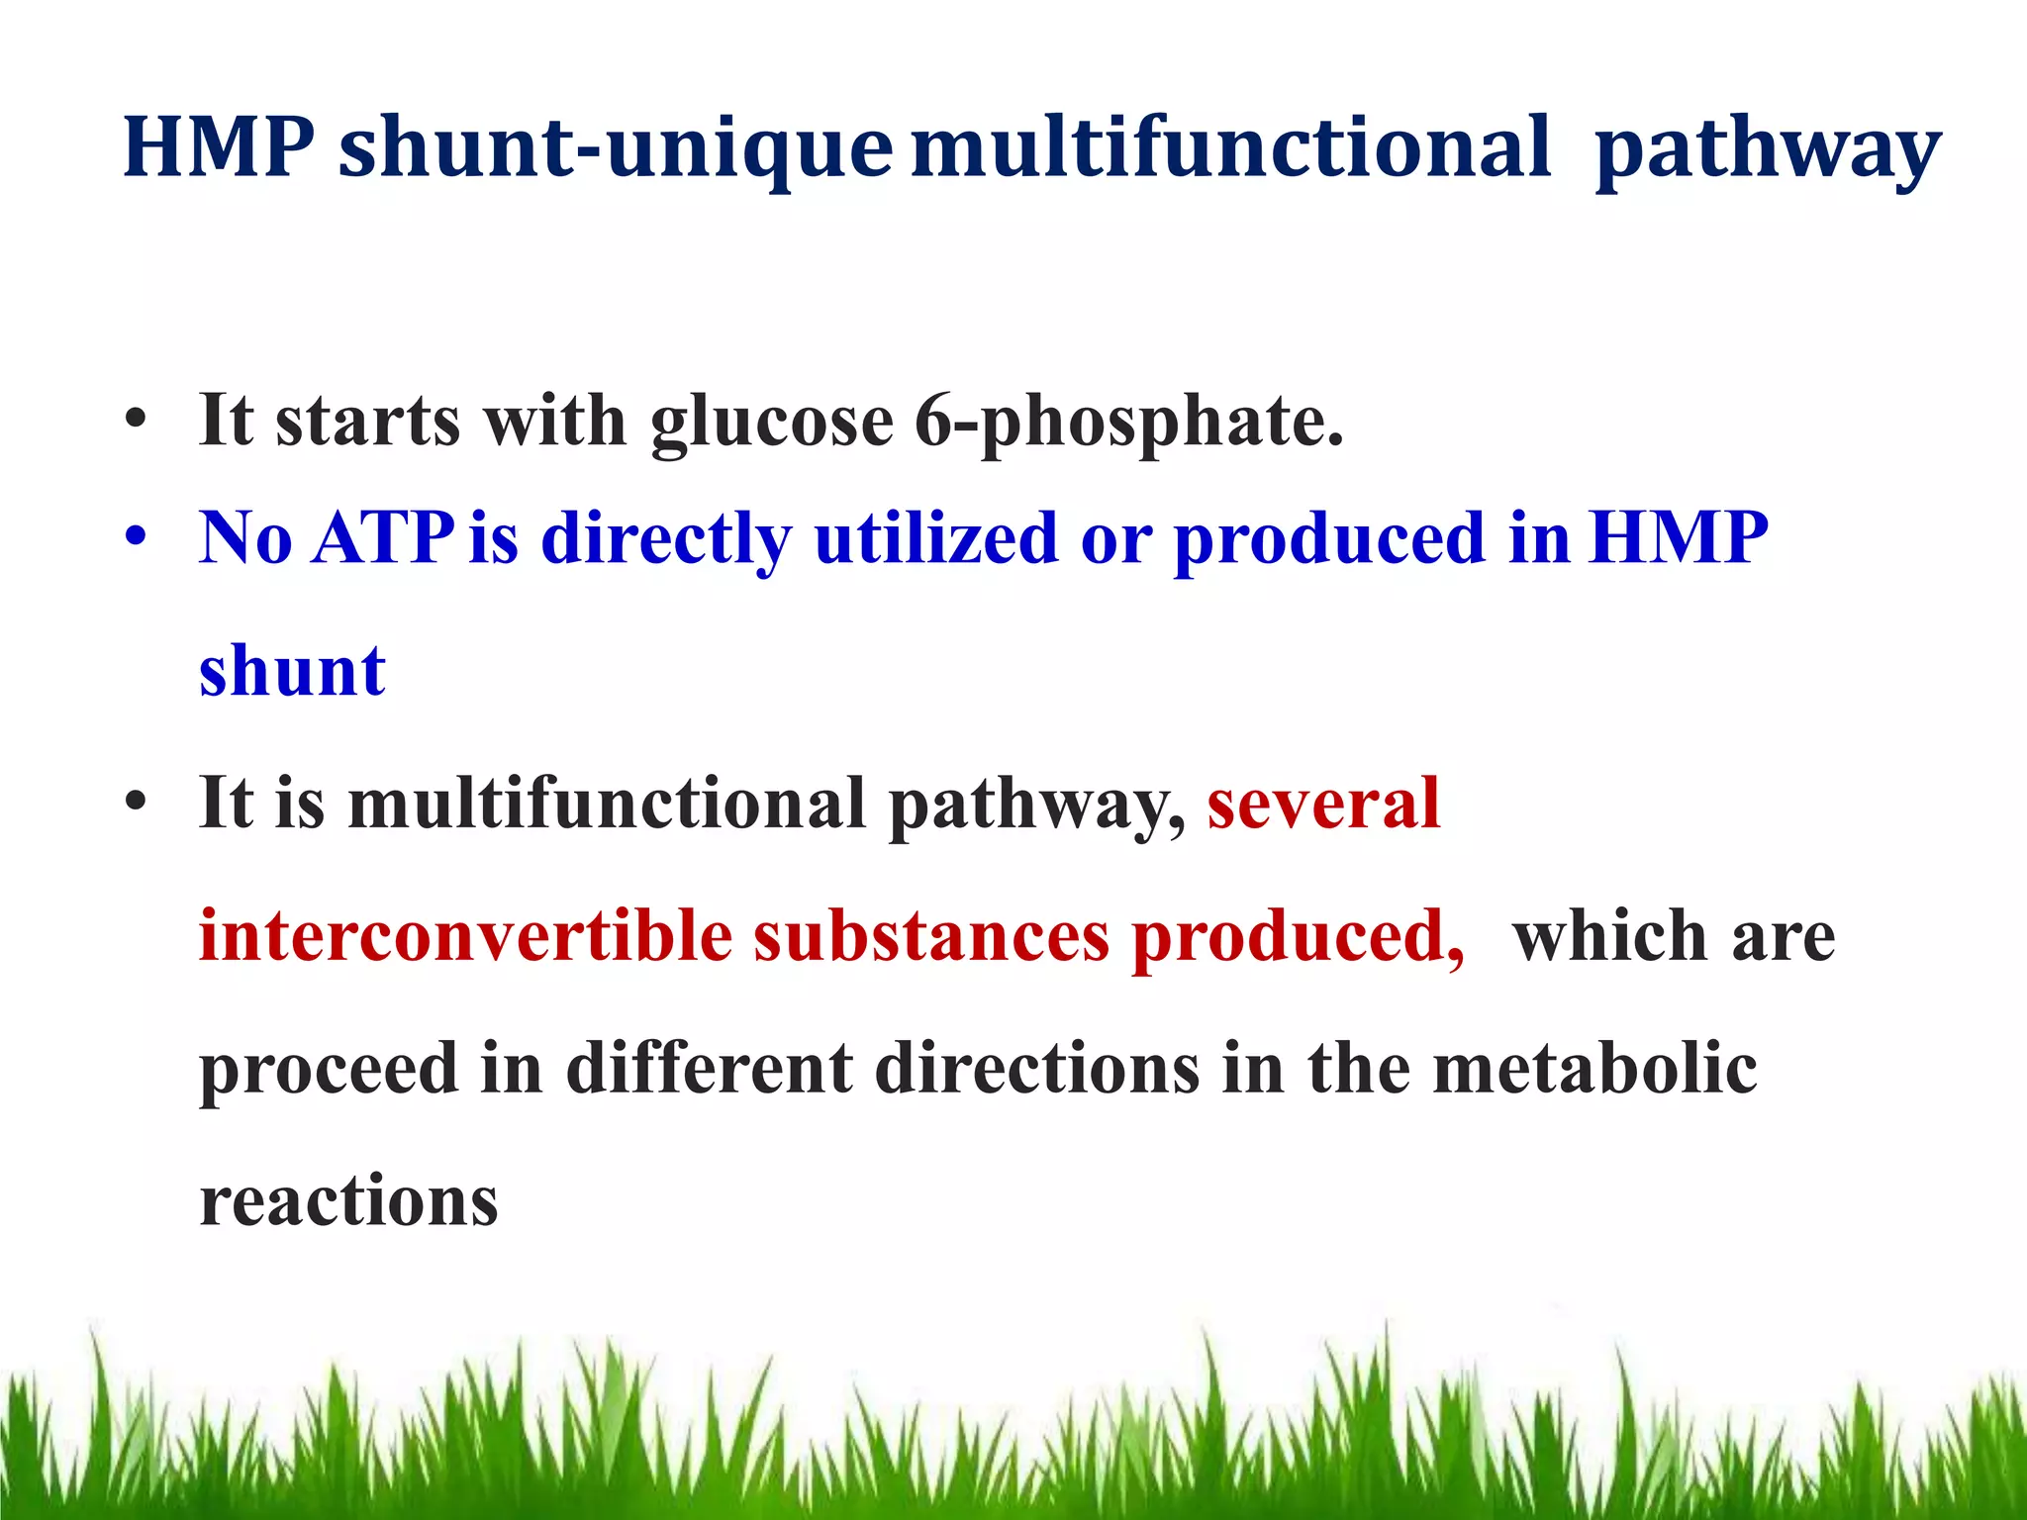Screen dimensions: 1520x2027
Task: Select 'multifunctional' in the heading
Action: click(1230, 148)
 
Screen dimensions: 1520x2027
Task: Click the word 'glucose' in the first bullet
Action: click(772, 423)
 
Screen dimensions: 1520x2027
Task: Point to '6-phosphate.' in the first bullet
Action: click(1128, 423)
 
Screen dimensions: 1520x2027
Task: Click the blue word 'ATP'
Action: click(382, 538)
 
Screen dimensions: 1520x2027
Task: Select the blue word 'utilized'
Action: click(935, 538)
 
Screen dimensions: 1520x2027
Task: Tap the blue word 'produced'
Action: click(1329, 540)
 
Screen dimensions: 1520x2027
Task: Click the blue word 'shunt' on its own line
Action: click(292, 672)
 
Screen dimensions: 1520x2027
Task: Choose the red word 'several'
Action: click(1323, 803)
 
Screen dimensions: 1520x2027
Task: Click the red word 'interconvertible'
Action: click(465, 936)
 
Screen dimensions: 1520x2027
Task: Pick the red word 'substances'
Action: click(931, 936)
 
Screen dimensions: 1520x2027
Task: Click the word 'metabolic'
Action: click(1594, 1069)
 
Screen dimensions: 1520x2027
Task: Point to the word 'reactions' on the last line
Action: click(348, 1202)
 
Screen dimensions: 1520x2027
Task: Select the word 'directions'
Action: click(1037, 1069)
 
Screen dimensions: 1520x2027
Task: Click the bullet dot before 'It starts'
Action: click(137, 421)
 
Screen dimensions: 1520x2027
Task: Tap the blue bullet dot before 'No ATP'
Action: click(137, 538)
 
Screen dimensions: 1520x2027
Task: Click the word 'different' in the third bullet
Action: click(709, 1069)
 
